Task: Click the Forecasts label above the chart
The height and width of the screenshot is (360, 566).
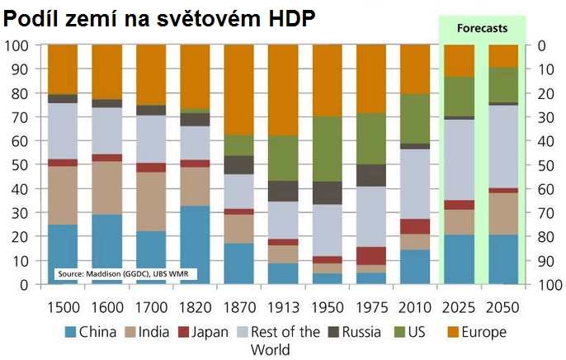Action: pos(483,28)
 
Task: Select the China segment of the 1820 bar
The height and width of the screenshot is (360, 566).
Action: pos(194,244)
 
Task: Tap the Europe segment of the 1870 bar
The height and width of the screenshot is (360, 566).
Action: pos(238,89)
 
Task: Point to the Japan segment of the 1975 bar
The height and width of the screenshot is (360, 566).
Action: pos(370,256)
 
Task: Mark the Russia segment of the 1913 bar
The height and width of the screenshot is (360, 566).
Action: pos(283,191)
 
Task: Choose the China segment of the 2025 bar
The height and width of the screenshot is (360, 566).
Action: pos(459,259)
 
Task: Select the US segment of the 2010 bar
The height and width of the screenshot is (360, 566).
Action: pos(415,118)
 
